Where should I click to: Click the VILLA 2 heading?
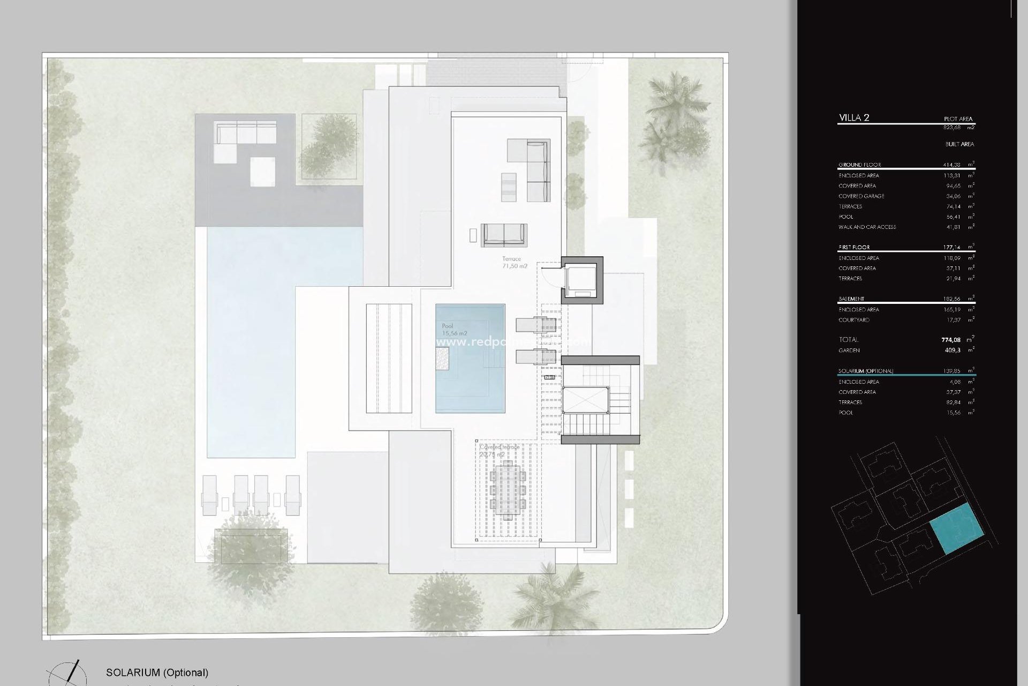point(854,118)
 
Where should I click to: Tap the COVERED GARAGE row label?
point(861,196)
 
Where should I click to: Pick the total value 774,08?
point(951,340)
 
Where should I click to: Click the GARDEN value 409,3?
point(953,351)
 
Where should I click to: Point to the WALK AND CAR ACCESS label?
point(867,227)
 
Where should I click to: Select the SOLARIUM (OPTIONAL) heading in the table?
point(866,371)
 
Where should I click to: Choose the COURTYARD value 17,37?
point(953,320)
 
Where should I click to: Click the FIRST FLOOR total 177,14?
point(951,248)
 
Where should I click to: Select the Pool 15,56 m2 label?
point(454,330)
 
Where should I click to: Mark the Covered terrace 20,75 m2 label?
point(499,451)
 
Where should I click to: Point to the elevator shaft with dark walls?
point(581,280)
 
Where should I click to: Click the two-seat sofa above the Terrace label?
point(504,235)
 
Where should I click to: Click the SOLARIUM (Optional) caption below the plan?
point(157,673)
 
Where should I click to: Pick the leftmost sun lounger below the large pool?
point(209,495)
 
